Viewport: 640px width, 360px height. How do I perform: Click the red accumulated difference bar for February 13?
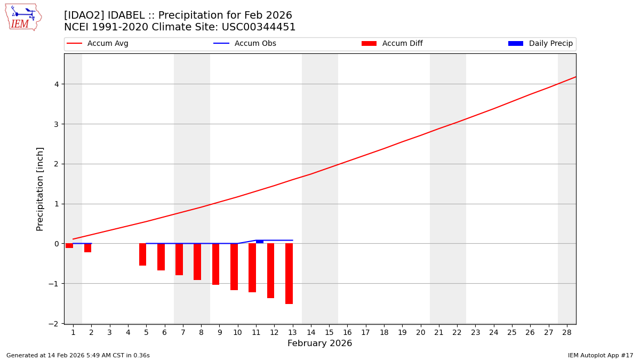click(x=289, y=273)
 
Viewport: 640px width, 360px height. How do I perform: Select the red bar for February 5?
click(x=142, y=254)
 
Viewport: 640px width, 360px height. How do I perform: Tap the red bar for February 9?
click(x=215, y=264)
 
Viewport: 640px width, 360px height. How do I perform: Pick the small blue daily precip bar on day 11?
click(x=260, y=242)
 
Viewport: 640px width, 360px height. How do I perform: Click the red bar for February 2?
click(x=87, y=248)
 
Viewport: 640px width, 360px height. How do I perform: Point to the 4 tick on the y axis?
click(x=56, y=84)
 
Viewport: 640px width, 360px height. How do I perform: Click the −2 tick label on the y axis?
click(x=54, y=324)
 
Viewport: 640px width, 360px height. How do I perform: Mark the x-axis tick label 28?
click(x=567, y=333)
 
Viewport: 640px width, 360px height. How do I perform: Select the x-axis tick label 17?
click(x=365, y=333)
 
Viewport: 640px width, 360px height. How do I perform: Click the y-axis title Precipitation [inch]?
click(x=41, y=189)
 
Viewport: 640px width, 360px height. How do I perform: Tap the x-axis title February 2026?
click(x=319, y=343)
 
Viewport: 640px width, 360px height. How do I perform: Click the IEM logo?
click(x=23, y=17)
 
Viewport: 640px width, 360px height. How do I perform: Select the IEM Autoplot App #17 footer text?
click(x=600, y=355)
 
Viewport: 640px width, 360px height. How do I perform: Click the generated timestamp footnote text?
click(x=78, y=355)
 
